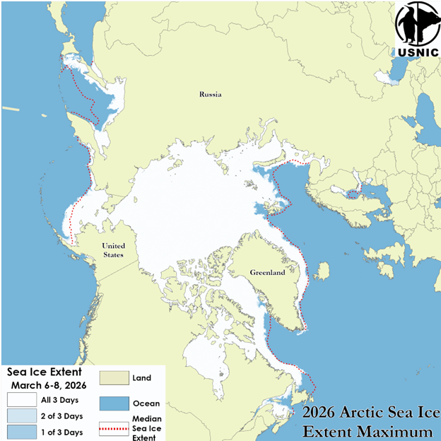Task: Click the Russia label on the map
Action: click(x=210, y=94)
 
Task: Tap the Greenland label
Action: click(x=267, y=272)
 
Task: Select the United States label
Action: click(x=112, y=250)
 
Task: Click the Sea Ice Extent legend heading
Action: click(x=45, y=372)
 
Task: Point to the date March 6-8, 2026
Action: click(x=47, y=384)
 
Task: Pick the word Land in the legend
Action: click(x=141, y=379)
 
